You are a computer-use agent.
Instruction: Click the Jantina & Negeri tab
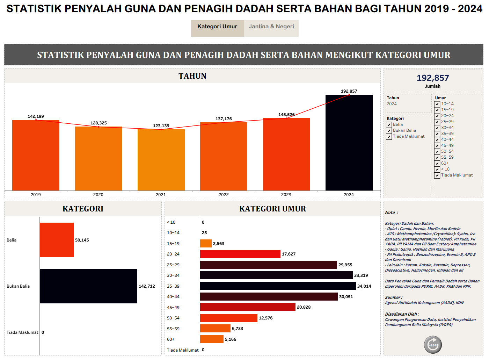coord(271,27)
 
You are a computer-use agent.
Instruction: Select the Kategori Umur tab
coord(217,27)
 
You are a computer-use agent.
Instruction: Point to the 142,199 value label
coord(36,116)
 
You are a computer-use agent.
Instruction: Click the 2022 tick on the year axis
coord(224,195)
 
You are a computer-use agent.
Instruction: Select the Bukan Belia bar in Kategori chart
coord(88,286)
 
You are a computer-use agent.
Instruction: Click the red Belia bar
coord(57,240)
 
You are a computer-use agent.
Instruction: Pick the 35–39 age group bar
coord(278,286)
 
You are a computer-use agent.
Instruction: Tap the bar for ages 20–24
coord(240,254)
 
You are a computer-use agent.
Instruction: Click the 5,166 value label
coord(231,339)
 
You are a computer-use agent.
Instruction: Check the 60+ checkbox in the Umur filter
coord(437,164)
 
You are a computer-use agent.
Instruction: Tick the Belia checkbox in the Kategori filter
coord(389,125)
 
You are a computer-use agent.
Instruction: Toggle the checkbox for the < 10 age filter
coord(437,170)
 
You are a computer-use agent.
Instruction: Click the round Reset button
coord(433,345)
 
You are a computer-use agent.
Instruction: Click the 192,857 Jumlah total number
coord(433,78)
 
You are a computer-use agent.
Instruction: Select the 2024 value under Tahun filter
coord(392,104)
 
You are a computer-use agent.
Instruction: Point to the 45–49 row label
coord(173,308)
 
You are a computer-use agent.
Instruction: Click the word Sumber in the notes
coord(393,297)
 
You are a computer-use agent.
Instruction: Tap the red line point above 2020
coord(98,127)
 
